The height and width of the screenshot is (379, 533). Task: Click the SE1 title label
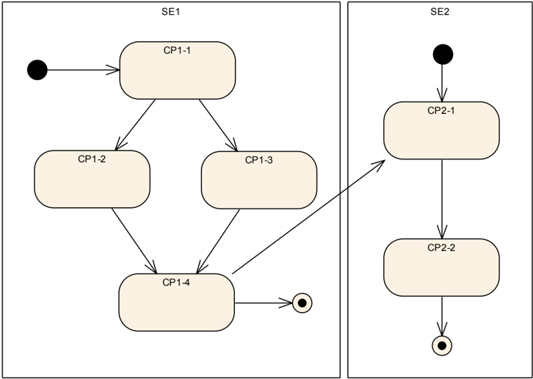pyautogui.click(x=170, y=12)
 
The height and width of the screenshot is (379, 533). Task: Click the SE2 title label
pyautogui.click(x=440, y=12)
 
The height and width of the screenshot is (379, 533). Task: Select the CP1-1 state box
pyautogui.click(x=178, y=71)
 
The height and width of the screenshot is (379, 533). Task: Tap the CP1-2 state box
pyautogui.click(x=92, y=179)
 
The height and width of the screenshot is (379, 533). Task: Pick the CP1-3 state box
pyautogui.click(x=259, y=180)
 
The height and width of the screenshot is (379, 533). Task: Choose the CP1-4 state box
pyautogui.click(x=177, y=303)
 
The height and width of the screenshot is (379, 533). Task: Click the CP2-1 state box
pyautogui.click(x=441, y=130)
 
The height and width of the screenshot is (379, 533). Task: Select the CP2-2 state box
pyautogui.click(x=441, y=267)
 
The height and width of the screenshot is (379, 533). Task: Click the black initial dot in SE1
pyautogui.click(x=37, y=70)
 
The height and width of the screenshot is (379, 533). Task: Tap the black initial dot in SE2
pyautogui.click(x=443, y=54)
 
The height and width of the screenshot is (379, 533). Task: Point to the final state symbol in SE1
pyautogui.click(x=302, y=303)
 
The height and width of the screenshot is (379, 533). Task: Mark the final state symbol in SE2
pyautogui.click(x=442, y=346)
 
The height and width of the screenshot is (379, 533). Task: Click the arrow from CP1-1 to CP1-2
pyautogui.click(x=135, y=125)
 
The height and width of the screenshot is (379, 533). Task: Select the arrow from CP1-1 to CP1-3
pyautogui.click(x=218, y=125)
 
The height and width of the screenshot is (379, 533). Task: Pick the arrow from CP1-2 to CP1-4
pyautogui.click(x=134, y=241)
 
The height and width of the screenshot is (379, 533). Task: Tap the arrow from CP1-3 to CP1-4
pyautogui.click(x=218, y=241)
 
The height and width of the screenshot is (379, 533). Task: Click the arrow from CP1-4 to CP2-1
pyautogui.click(x=308, y=217)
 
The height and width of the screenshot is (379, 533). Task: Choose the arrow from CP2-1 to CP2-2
pyautogui.click(x=442, y=199)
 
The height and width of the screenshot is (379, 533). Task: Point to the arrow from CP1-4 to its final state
pyautogui.click(x=264, y=303)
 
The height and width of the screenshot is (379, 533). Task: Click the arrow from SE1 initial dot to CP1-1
pyautogui.click(x=83, y=70)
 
